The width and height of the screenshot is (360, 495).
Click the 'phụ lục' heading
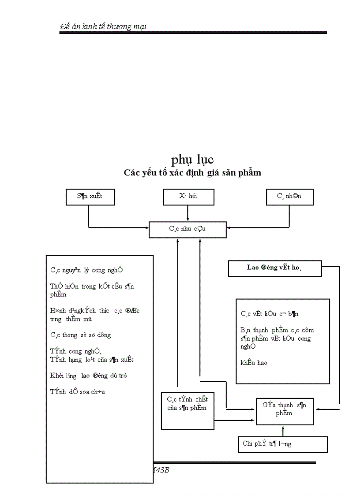[192, 159]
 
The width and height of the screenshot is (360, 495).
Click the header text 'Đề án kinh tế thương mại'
[103, 27]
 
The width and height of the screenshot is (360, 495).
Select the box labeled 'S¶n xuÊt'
[89, 197]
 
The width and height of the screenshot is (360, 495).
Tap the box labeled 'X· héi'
[188, 197]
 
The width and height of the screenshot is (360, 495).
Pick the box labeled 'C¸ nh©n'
[289, 197]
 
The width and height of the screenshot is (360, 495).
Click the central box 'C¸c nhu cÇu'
[188, 229]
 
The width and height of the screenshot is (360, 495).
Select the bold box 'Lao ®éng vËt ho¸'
[274, 268]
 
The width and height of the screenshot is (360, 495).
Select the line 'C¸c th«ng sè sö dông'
[81, 335]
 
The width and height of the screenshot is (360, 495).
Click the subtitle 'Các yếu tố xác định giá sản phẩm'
[192, 173]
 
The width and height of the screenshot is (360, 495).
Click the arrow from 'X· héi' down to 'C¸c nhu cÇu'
[188, 213]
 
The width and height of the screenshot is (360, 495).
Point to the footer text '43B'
[161, 470]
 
